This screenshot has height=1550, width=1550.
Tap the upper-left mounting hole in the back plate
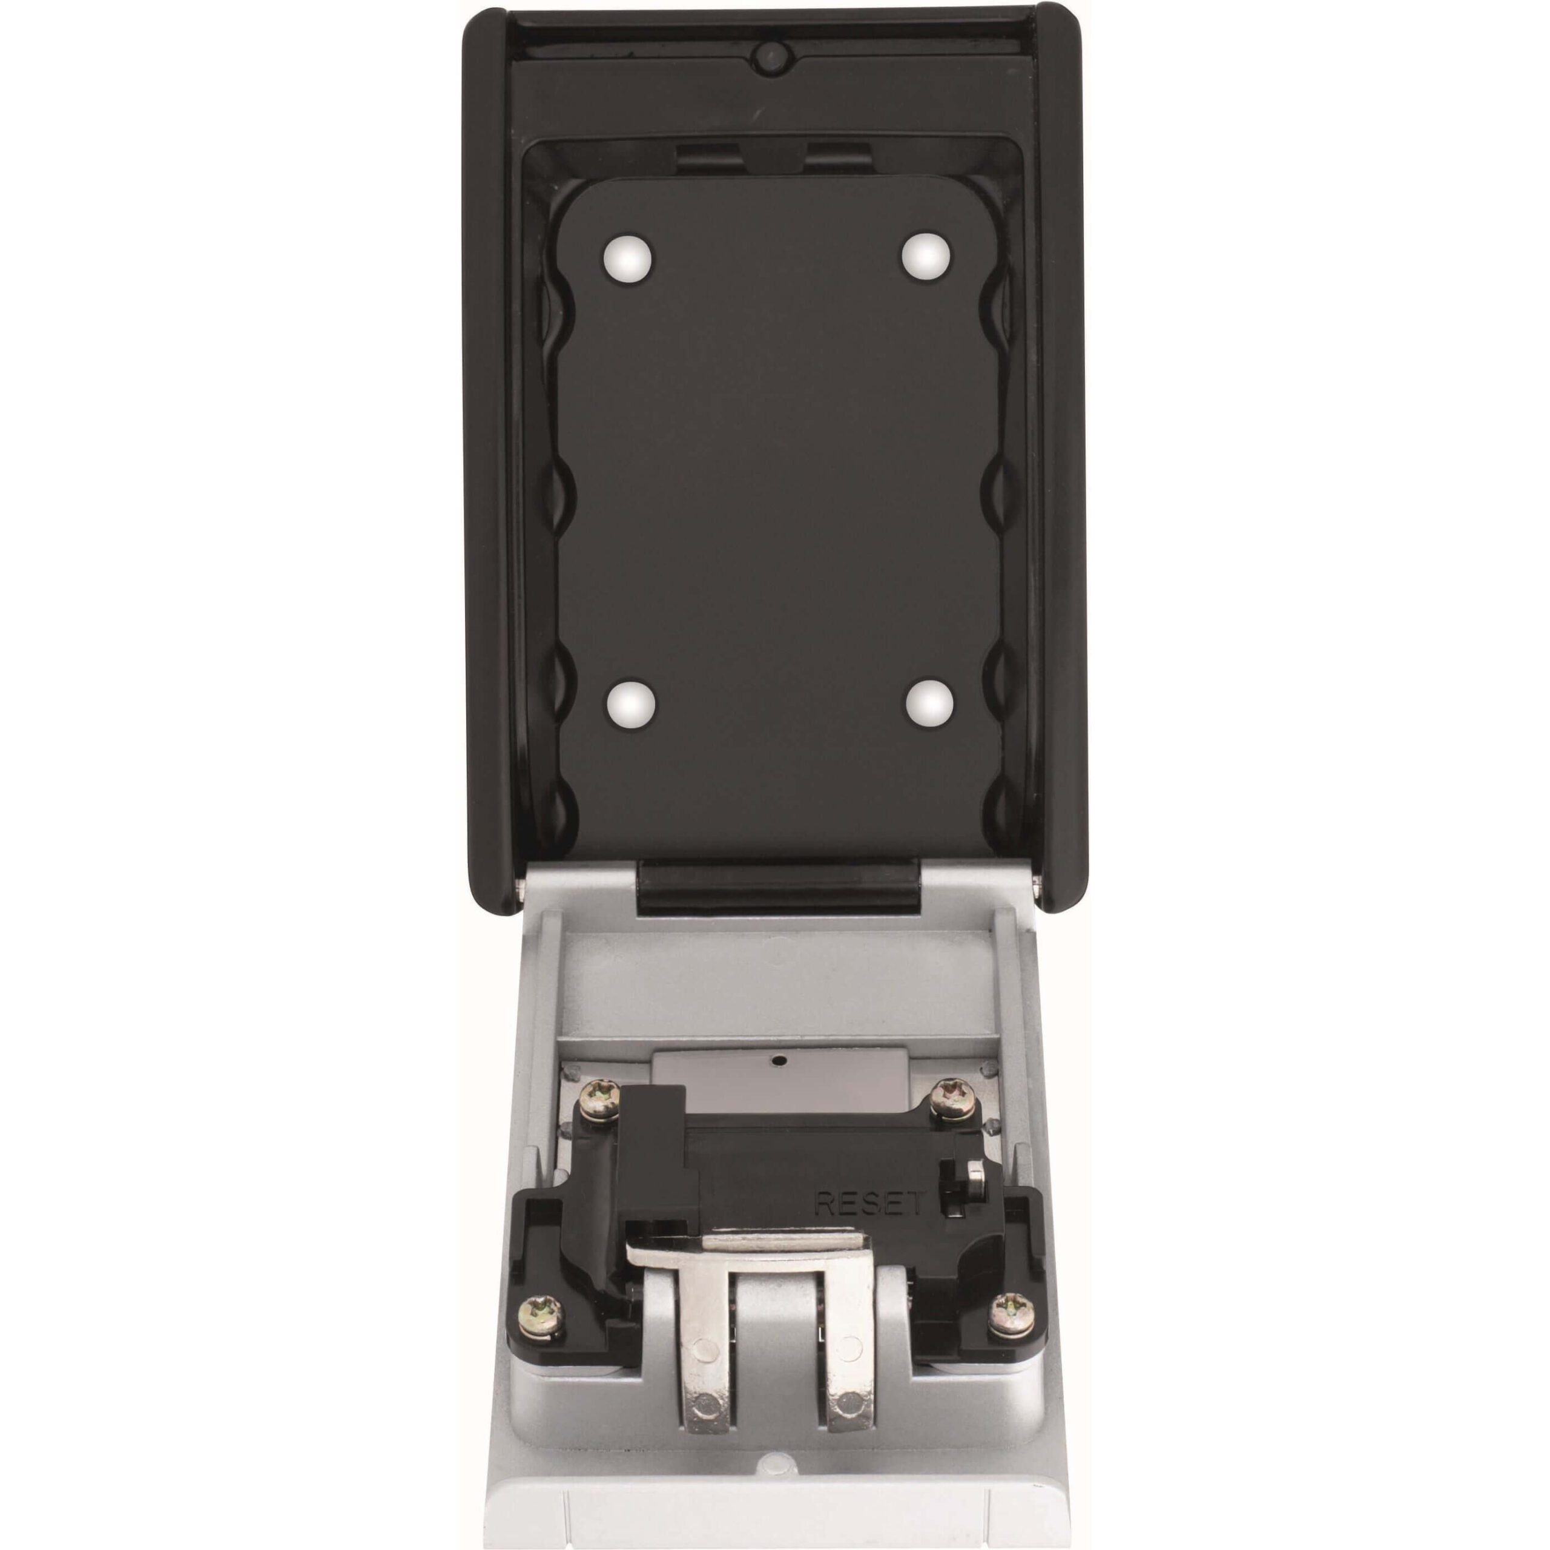[629, 259]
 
